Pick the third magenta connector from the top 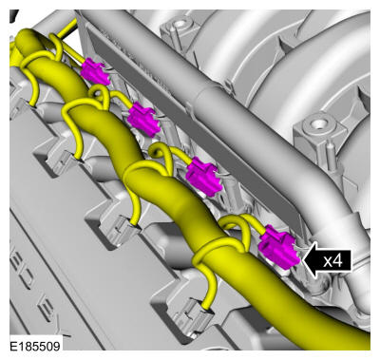[x=203, y=177]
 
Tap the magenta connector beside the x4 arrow [x=278, y=247]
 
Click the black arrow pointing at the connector [x=327, y=260]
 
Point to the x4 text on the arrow [x=332, y=261]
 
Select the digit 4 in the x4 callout [x=338, y=261]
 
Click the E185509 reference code [x=35, y=346]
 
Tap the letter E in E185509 [x=13, y=346]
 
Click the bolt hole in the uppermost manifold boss [x=180, y=23]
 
